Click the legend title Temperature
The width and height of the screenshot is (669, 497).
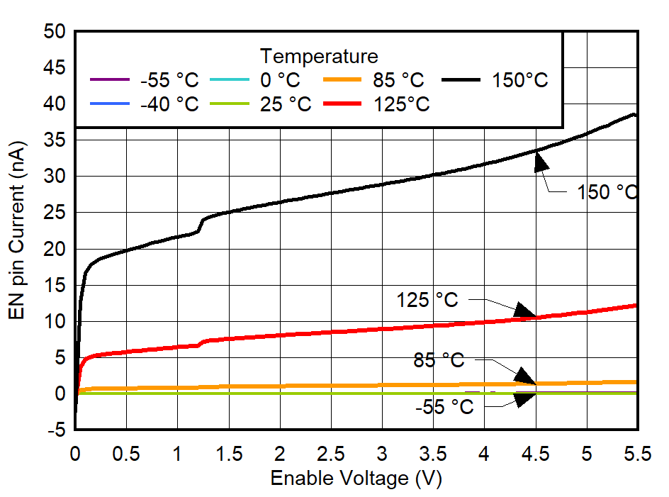point(319,55)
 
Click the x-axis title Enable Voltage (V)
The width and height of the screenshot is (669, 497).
point(356,479)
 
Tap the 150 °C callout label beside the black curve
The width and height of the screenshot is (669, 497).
point(607,192)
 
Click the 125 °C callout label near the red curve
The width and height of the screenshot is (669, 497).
point(427,300)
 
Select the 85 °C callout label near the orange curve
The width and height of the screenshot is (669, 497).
point(439,361)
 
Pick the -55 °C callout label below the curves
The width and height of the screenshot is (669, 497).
point(444,407)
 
